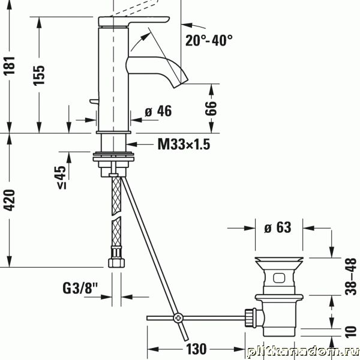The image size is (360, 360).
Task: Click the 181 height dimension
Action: [10, 65]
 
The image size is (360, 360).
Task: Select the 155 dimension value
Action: [39, 76]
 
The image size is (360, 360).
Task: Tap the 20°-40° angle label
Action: [209, 40]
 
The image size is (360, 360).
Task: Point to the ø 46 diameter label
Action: [158, 111]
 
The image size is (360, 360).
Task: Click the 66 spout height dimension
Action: [211, 107]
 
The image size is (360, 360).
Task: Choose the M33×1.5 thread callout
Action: [184, 145]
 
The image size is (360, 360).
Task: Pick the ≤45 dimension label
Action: [62, 177]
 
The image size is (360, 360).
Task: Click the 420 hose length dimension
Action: [10, 200]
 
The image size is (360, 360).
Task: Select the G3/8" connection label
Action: [80, 288]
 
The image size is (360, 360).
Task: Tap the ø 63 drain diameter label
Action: [278, 227]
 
